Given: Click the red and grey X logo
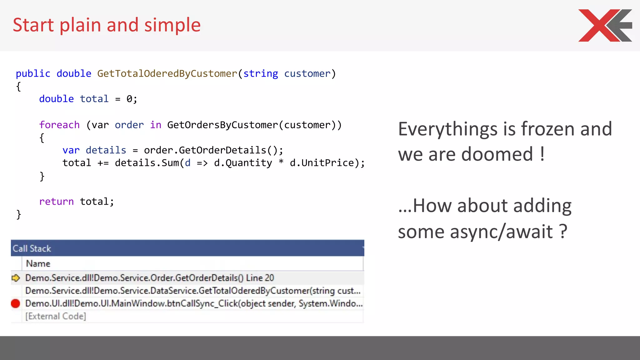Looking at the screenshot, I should [x=605, y=25].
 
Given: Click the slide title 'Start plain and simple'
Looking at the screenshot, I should [x=107, y=25].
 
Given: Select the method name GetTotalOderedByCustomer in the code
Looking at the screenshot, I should [x=167, y=74].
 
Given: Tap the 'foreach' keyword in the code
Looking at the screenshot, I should [x=59, y=125].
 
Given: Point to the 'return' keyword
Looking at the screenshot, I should [x=57, y=202].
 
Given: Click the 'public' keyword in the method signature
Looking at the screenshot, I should [x=33, y=74].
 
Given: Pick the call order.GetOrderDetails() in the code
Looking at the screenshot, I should [x=213, y=150].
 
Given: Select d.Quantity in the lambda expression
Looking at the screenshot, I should [x=243, y=163].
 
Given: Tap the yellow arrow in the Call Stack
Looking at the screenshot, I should [x=16, y=278].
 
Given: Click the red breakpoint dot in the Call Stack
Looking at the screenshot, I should [x=15, y=303].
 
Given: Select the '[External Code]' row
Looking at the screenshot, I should [x=56, y=316].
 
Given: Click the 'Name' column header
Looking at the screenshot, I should [x=38, y=264].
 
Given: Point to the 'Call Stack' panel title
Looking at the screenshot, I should [x=32, y=248].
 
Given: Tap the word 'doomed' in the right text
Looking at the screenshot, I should [x=497, y=154].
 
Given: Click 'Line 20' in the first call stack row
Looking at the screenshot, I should [x=260, y=278].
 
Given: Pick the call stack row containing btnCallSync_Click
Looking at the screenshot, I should [x=194, y=303].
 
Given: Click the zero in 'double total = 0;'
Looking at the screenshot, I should [x=129, y=99].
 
